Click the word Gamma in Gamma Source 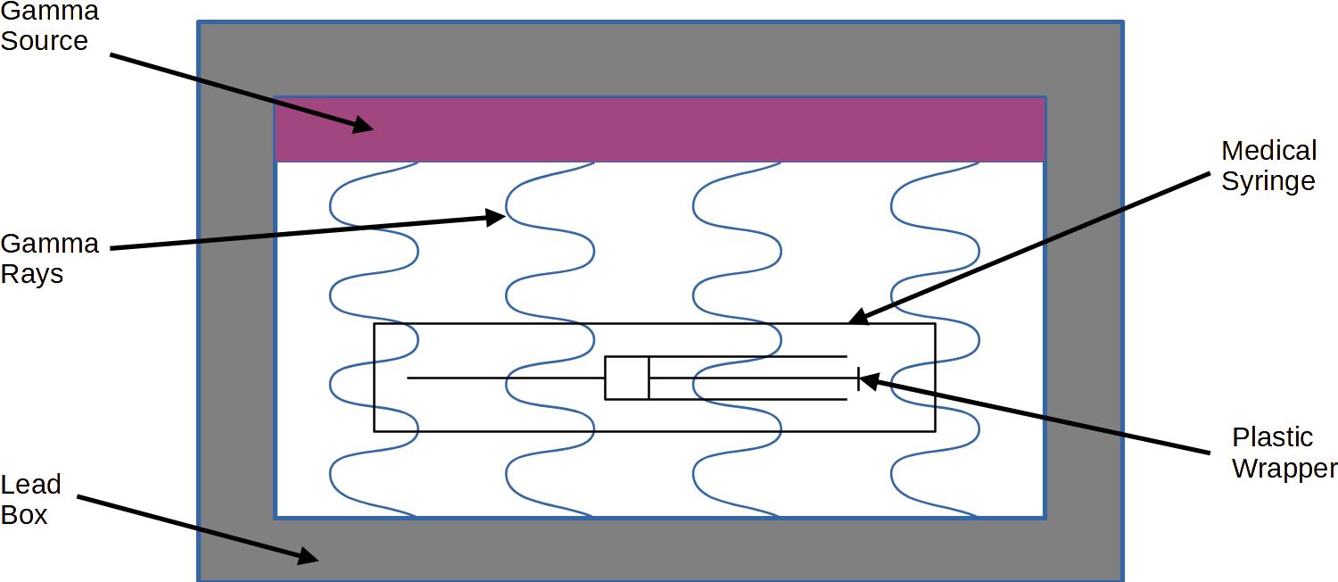pos(49,12)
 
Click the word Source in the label pos(44,41)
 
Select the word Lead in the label pos(30,485)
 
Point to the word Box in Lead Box pos(24,515)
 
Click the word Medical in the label pos(1268,150)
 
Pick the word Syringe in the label pos(1268,180)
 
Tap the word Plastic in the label pos(1272,437)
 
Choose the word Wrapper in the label pos(1284,468)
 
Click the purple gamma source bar pos(660,129)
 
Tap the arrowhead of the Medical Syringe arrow pos(856,317)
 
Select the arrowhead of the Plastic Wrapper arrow pos(867,380)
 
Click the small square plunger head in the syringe pos(626,378)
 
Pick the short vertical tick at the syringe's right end pos(858,378)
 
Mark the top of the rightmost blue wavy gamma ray pos(978,163)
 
